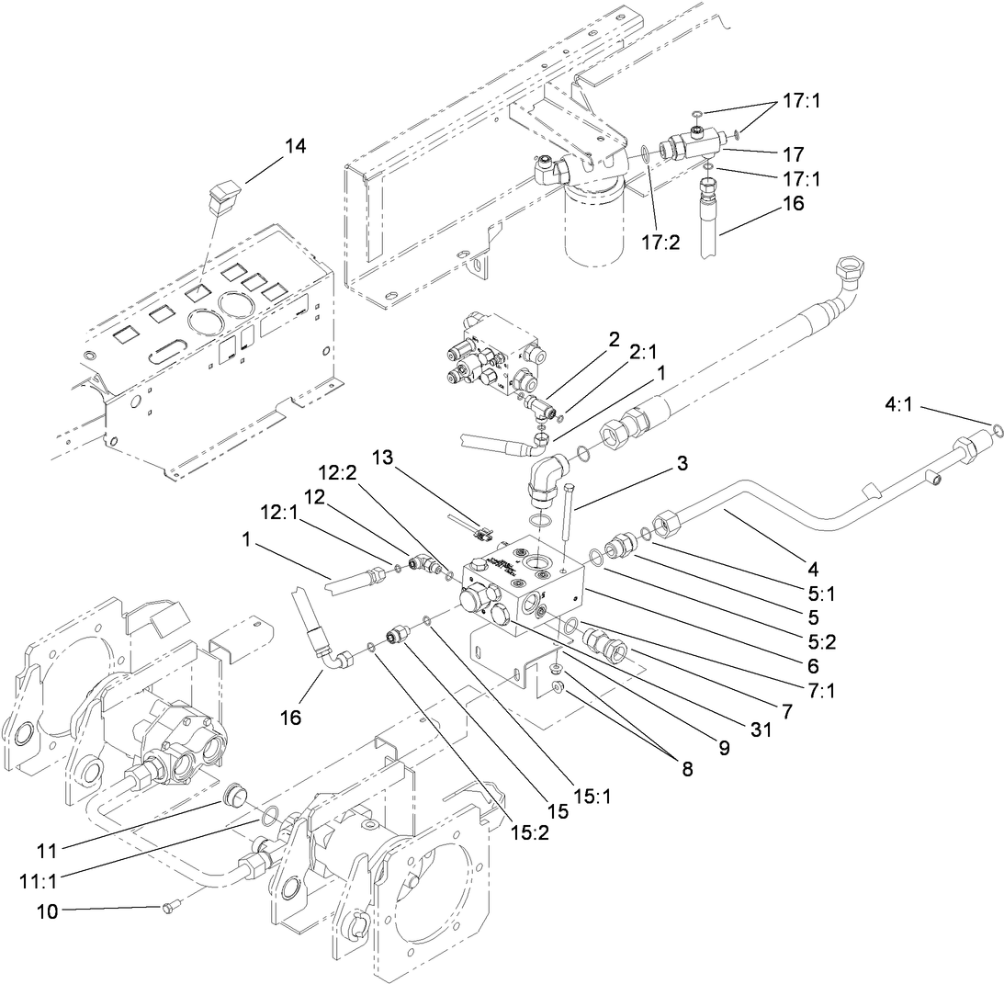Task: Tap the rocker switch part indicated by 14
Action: tap(221, 195)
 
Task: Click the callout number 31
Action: tap(760, 730)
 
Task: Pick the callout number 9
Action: tap(723, 748)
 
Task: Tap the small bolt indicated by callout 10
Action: tap(168, 908)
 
